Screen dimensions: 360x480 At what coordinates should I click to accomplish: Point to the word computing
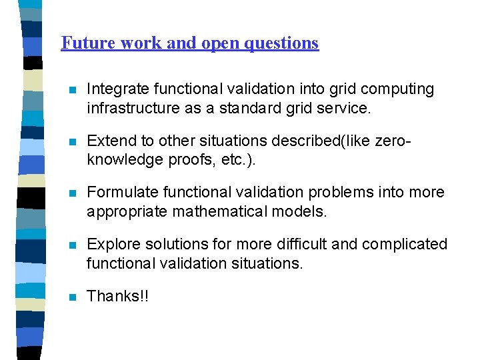398,89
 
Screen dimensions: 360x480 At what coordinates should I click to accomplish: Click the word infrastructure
129,107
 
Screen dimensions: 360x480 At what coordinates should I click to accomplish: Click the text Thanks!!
118,296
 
